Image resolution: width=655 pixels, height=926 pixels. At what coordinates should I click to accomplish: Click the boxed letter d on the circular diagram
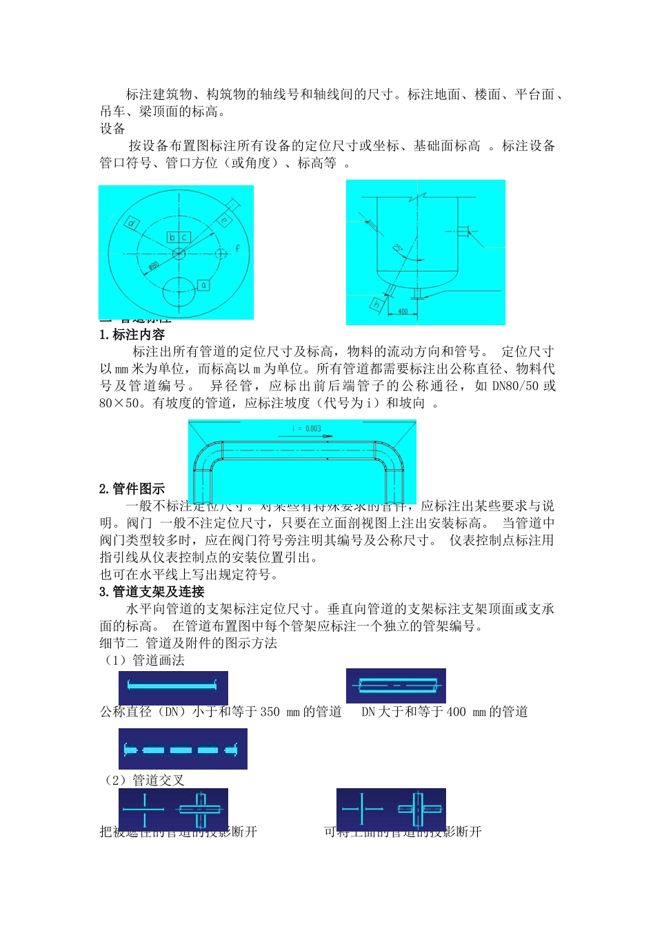132,223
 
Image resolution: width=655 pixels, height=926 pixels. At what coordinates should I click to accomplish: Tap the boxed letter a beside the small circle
203,285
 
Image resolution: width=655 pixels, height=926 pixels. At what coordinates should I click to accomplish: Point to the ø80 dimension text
153,265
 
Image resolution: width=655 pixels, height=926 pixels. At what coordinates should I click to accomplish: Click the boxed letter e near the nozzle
223,220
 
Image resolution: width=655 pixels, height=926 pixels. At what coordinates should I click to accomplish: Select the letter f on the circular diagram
238,248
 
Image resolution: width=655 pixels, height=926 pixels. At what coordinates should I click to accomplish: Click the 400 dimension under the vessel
403,311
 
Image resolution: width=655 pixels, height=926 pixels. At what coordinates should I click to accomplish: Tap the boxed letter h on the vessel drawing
376,304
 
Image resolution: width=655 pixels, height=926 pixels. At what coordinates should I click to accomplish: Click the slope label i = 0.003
306,429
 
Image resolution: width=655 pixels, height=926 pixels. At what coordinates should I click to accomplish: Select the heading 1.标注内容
132,335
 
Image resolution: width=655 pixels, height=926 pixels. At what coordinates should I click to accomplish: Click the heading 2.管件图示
132,489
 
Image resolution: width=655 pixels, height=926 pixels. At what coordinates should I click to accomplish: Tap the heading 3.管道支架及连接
152,592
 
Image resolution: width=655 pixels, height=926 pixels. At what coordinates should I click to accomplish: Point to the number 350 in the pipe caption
270,712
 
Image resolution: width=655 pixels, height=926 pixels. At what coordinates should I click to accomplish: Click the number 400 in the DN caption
456,712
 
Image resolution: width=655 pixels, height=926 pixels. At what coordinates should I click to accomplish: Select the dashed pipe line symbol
182,750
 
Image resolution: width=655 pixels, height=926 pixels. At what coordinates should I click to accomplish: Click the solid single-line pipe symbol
172,686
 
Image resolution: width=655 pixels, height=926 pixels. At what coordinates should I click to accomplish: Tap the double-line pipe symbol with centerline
395,686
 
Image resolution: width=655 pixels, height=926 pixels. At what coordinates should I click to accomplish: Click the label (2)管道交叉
143,780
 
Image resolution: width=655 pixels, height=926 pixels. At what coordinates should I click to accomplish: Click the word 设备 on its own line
112,129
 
